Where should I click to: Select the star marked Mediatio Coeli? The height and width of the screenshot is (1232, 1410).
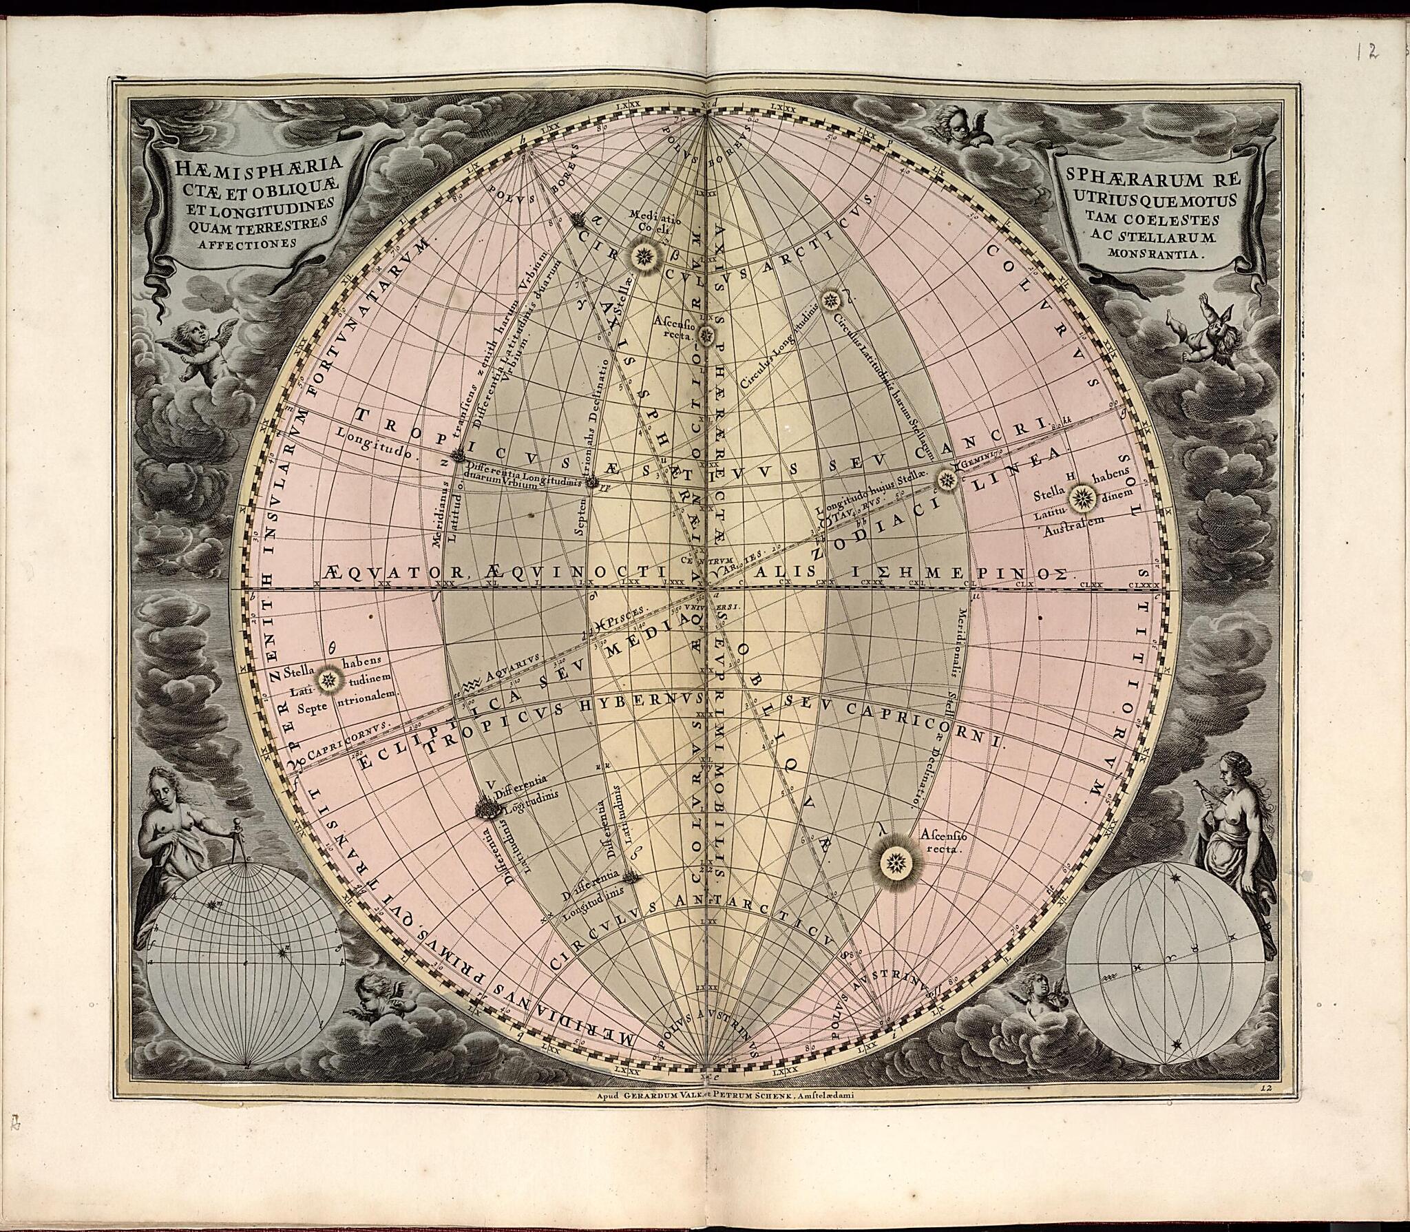645,256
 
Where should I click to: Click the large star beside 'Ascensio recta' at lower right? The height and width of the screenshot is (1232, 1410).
896,860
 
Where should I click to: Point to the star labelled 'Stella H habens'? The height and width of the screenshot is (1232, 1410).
1082,496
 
